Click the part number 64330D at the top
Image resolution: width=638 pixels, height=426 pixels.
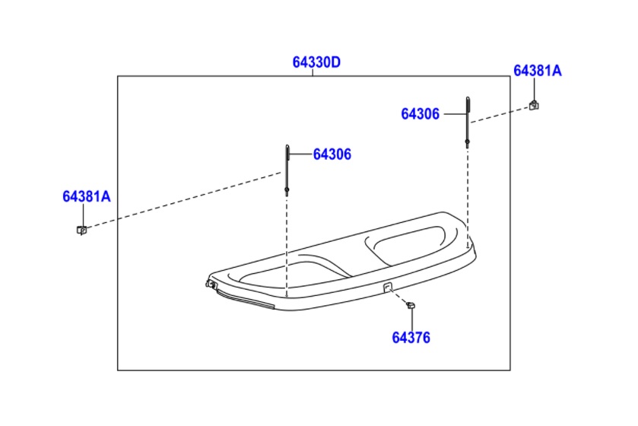316,62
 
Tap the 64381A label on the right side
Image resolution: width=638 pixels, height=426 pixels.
537,71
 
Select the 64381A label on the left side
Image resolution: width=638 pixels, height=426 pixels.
86,196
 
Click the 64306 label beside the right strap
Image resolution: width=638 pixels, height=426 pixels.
420,114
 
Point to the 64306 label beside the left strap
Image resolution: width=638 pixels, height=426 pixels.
332,154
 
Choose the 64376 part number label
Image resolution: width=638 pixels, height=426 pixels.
411,338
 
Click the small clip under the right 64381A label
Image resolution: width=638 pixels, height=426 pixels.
534,106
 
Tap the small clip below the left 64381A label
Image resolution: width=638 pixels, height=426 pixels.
82,230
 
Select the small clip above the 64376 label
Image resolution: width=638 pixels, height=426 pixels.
411,305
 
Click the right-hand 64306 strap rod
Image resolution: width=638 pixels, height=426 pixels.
468,121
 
